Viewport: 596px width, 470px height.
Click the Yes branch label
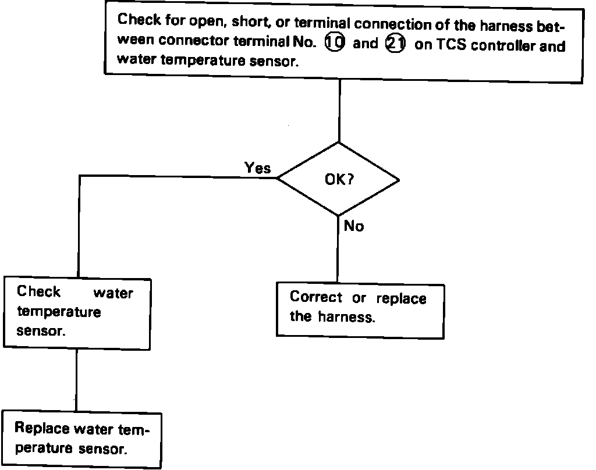[x=258, y=168]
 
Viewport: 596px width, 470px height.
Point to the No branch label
[x=354, y=226]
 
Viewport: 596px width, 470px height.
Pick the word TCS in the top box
[x=452, y=45]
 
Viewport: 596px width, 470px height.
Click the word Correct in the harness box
[x=316, y=297]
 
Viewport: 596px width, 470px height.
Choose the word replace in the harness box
[x=401, y=298]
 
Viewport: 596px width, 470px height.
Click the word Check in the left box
[x=38, y=291]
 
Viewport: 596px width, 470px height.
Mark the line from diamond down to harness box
[x=338, y=250]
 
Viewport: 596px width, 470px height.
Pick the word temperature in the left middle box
[x=59, y=312]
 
